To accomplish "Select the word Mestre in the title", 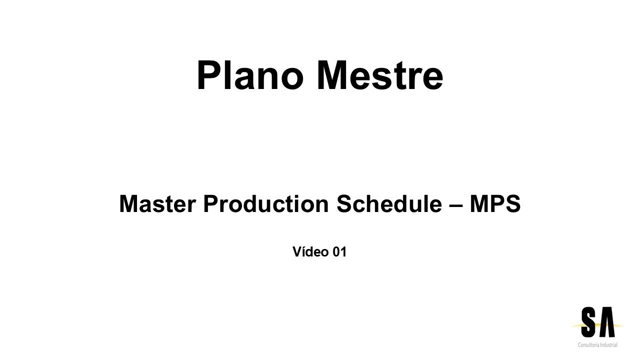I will point(379,76).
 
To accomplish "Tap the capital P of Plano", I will point(209,76).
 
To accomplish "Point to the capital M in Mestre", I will point(334,76).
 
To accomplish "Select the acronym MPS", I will point(495,204).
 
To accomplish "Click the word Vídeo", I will point(310,252).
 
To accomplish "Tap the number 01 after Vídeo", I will point(339,252).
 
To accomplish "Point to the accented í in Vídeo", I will point(302,252).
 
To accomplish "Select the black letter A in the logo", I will point(606,322).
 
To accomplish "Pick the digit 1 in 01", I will point(343,252).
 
